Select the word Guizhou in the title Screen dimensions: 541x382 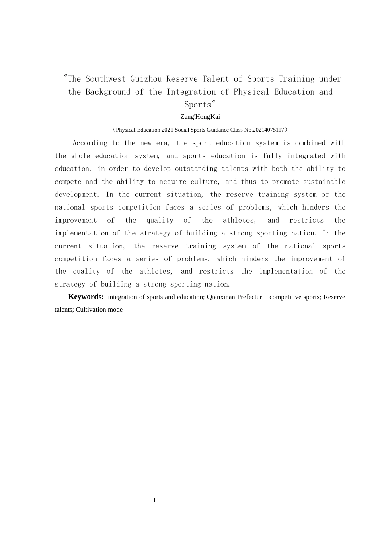click(146, 79)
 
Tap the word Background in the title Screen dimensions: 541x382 click(108, 92)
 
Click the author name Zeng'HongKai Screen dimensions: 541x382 click(200, 117)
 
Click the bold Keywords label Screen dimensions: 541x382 click(86, 297)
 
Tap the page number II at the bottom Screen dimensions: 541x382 click(155, 500)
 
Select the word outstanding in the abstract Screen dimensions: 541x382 click(196, 169)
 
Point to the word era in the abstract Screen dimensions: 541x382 click(162, 143)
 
